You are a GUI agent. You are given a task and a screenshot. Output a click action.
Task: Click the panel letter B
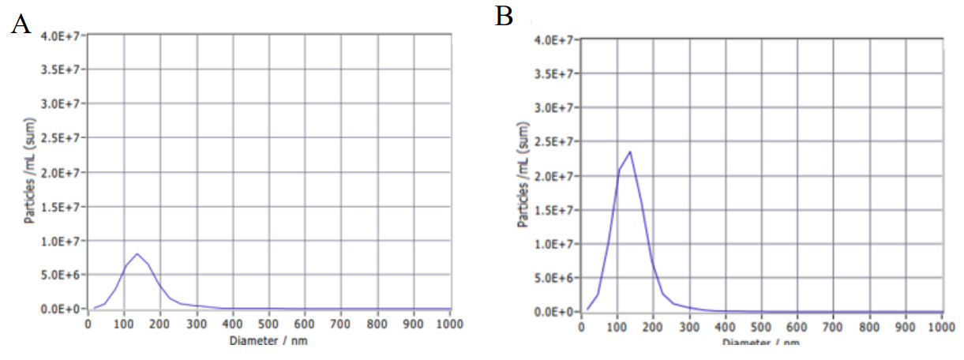(x=504, y=17)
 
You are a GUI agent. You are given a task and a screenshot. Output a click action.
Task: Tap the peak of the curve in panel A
(x=137, y=254)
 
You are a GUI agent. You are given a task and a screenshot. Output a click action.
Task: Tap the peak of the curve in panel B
(x=630, y=152)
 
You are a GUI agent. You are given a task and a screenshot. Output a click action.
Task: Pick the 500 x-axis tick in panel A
(x=269, y=324)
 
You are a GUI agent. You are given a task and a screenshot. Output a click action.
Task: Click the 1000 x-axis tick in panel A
(x=450, y=324)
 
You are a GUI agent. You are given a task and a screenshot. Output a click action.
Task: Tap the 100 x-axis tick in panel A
(x=124, y=324)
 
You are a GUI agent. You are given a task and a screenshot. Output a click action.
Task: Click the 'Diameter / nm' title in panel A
(x=268, y=340)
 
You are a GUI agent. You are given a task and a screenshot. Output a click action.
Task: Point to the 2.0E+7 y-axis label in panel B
(x=553, y=175)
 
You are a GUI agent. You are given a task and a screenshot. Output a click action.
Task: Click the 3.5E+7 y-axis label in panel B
(x=553, y=73)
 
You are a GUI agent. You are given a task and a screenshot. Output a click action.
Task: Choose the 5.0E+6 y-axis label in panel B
(x=553, y=278)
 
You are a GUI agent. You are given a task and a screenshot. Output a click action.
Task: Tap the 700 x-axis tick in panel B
(x=833, y=327)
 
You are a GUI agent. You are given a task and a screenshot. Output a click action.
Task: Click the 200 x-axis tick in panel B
(x=653, y=327)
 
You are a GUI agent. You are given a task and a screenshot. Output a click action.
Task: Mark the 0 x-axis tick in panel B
(x=581, y=327)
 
